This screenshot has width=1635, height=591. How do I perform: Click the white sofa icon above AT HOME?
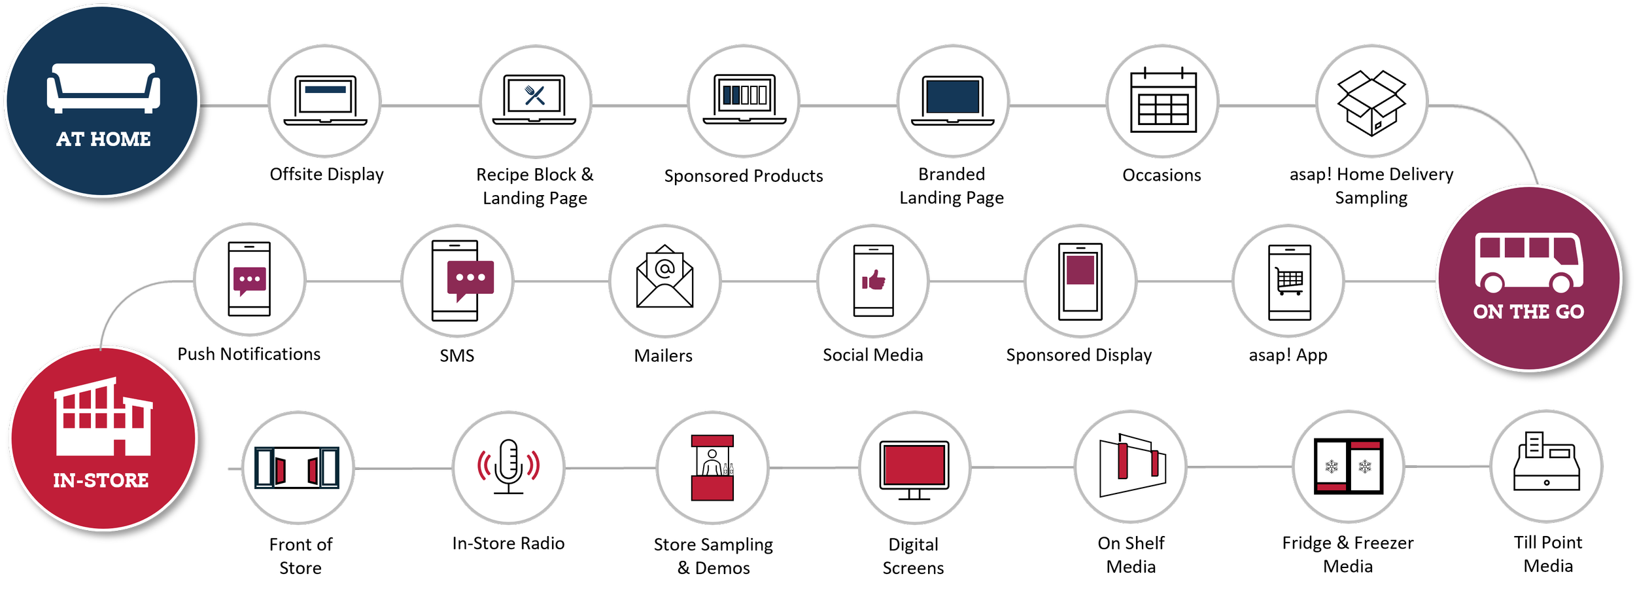(x=103, y=88)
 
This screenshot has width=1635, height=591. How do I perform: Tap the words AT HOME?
(x=103, y=139)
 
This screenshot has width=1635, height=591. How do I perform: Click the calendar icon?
(x=1163, y=101)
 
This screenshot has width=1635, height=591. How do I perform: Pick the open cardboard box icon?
(x=1371, y=102)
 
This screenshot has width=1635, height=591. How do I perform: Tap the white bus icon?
(x=1528, y=262)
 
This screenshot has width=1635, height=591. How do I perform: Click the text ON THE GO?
(x=1528, y=312)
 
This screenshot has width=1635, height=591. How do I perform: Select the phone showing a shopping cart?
(x=1289, y=281)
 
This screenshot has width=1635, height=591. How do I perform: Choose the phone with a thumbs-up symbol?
(x=873, y=281)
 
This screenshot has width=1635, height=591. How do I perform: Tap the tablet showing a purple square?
(x=1080, y=281)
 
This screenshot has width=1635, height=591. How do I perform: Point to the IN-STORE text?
(x=101, y=480)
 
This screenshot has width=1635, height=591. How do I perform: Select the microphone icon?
(x=508, y=467)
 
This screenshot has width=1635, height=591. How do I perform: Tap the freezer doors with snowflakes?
(x=1348, y=466)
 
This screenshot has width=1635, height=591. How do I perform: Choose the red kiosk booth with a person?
(x=712, y=467)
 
